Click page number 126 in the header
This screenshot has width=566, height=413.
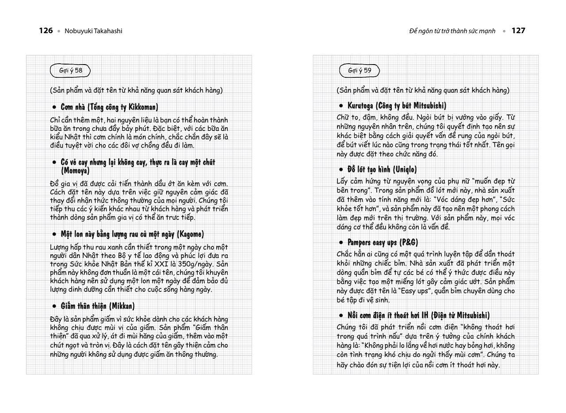[x=46, y=31]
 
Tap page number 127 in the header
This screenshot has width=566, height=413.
[x=518, y=31]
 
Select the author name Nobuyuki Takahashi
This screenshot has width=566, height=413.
[x=93, y=31]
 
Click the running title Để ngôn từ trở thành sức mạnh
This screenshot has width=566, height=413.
[x=452, y=31]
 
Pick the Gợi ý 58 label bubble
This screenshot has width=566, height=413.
[x=71, y=70]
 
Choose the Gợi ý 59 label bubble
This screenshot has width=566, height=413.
[x=359, y=70]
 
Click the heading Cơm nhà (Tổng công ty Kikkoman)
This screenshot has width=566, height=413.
[x=109, y=107]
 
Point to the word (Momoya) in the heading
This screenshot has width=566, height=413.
[x=75, y=171]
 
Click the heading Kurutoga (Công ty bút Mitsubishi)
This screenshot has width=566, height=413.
[x=397, y=106]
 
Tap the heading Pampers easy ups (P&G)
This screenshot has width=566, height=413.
[x=382, y=242]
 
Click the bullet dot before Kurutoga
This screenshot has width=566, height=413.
[x=341, y=106]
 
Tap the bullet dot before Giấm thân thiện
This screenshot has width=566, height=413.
[x=54, y=306]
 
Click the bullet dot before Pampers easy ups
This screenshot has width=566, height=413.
[x=341, y=243]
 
